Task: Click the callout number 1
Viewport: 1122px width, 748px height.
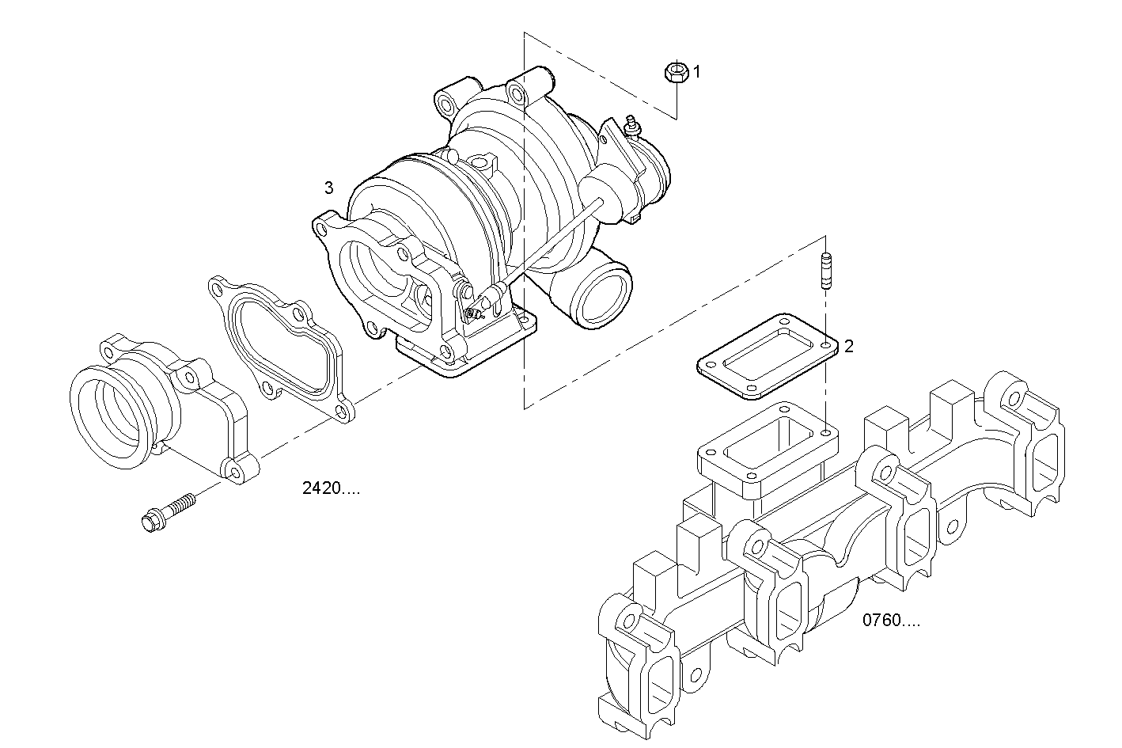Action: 697,72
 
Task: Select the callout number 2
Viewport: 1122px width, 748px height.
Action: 849,346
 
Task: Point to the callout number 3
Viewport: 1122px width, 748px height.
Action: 328,188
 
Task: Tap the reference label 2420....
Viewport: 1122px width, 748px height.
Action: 331,488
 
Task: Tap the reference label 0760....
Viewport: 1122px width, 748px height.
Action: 891,621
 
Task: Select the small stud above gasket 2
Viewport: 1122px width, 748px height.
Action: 825,271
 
